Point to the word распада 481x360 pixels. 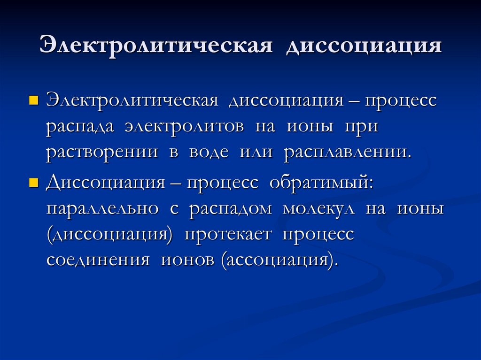click(80, 128)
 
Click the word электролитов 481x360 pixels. click(184, 128)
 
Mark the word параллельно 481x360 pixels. click(101, 208)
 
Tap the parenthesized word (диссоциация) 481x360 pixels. click(109, 235)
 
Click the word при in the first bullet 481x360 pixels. click(361, 128)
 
